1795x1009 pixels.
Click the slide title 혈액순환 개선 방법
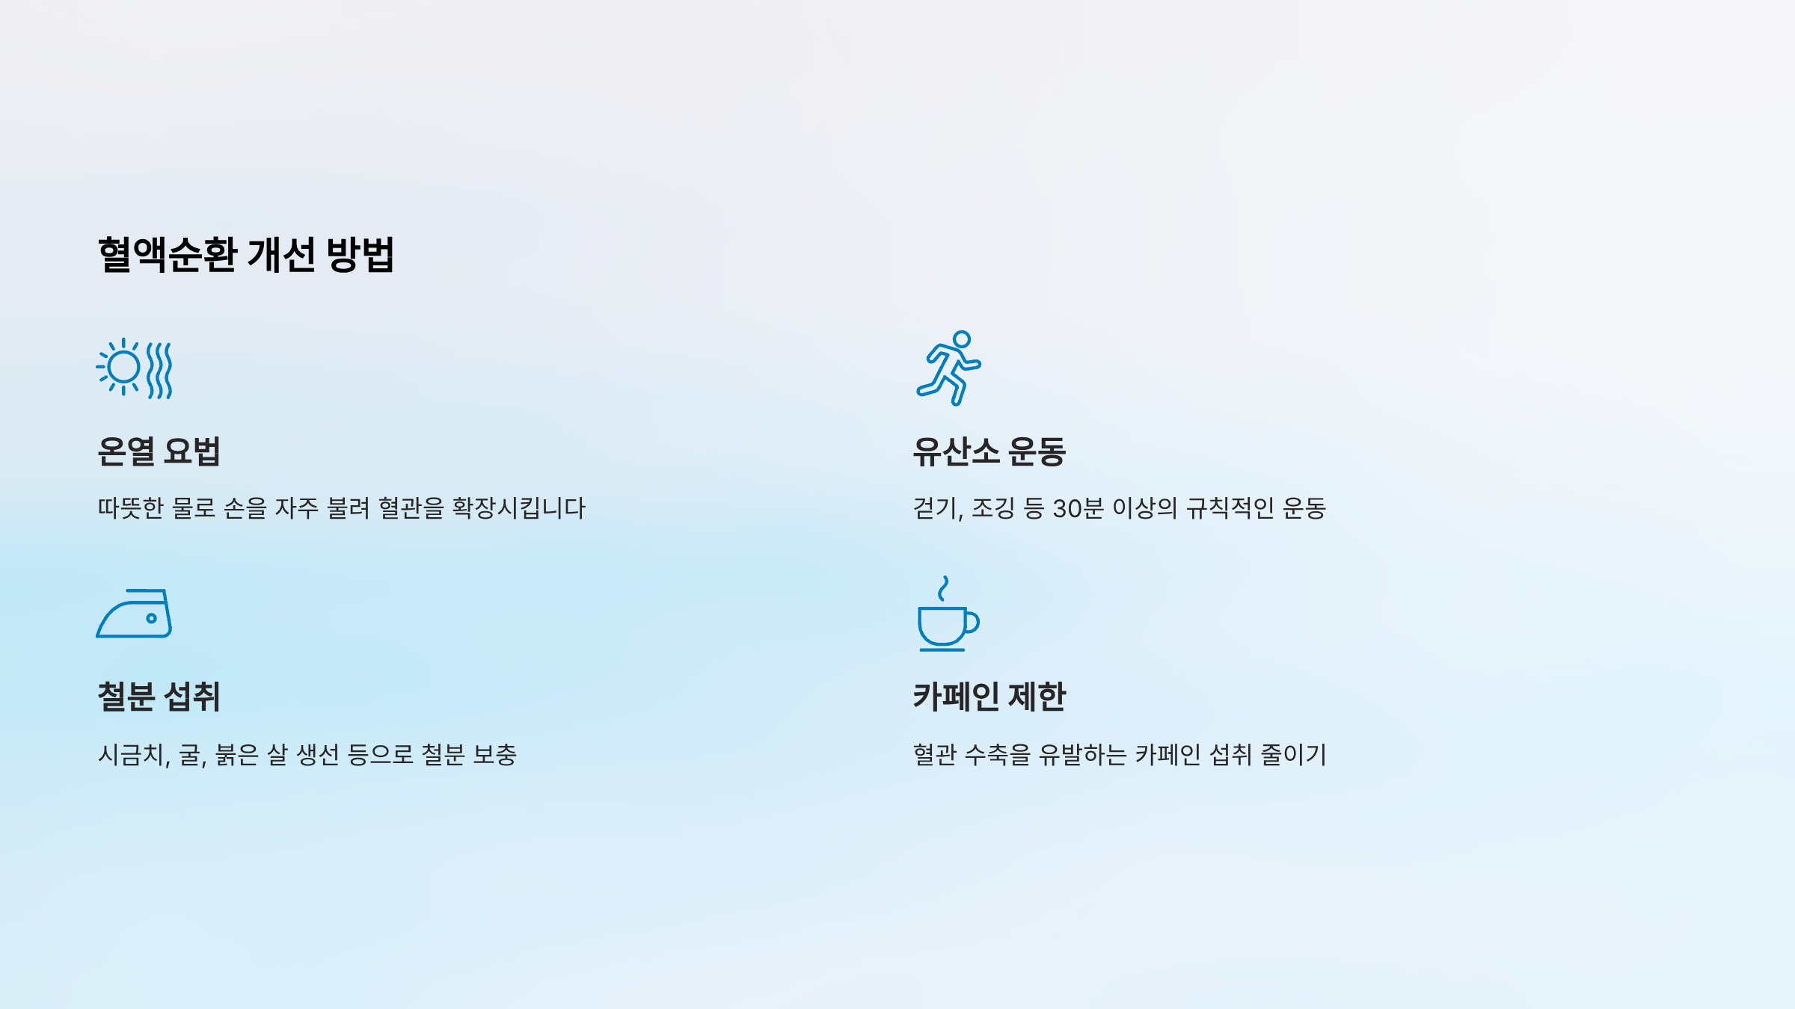click(x=245, y=255)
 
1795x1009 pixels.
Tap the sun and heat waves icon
click(x=135, y=368)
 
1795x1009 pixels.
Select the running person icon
click(x=948, y=368)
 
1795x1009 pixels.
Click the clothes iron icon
click(x=135, y=614)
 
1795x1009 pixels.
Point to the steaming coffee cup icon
click(x=948, y=614)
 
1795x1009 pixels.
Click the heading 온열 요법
click(x=159, y=451)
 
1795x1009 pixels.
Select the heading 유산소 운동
click(x=989, y=451)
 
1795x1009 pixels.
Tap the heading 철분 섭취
click(x=159, y=697)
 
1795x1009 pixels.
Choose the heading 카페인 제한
click(x=989, y=697)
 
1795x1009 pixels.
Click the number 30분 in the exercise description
click(x=1078, y=508)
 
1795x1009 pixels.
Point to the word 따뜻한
click(x=130, y=508)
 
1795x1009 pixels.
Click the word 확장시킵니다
click(x=518, y=508)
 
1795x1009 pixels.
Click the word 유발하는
click(x=1082, y=755)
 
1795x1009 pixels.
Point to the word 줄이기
click(x=1293, y=755)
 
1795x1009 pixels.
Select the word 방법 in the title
click(x=360, y=255)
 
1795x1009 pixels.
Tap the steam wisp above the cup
click(x=944, y=588)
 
